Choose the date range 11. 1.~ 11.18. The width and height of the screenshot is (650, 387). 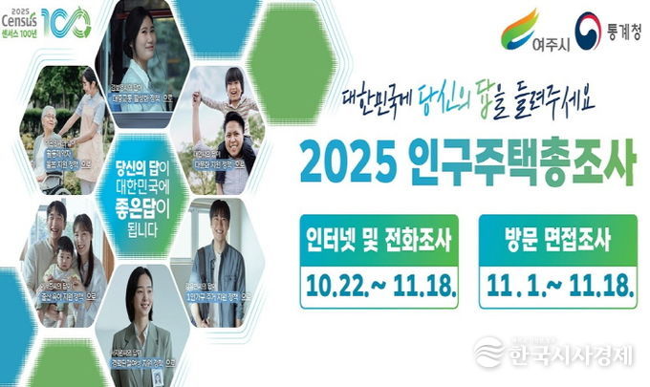pos(558,284)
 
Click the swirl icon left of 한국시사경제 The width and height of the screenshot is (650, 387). pos(488,353)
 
